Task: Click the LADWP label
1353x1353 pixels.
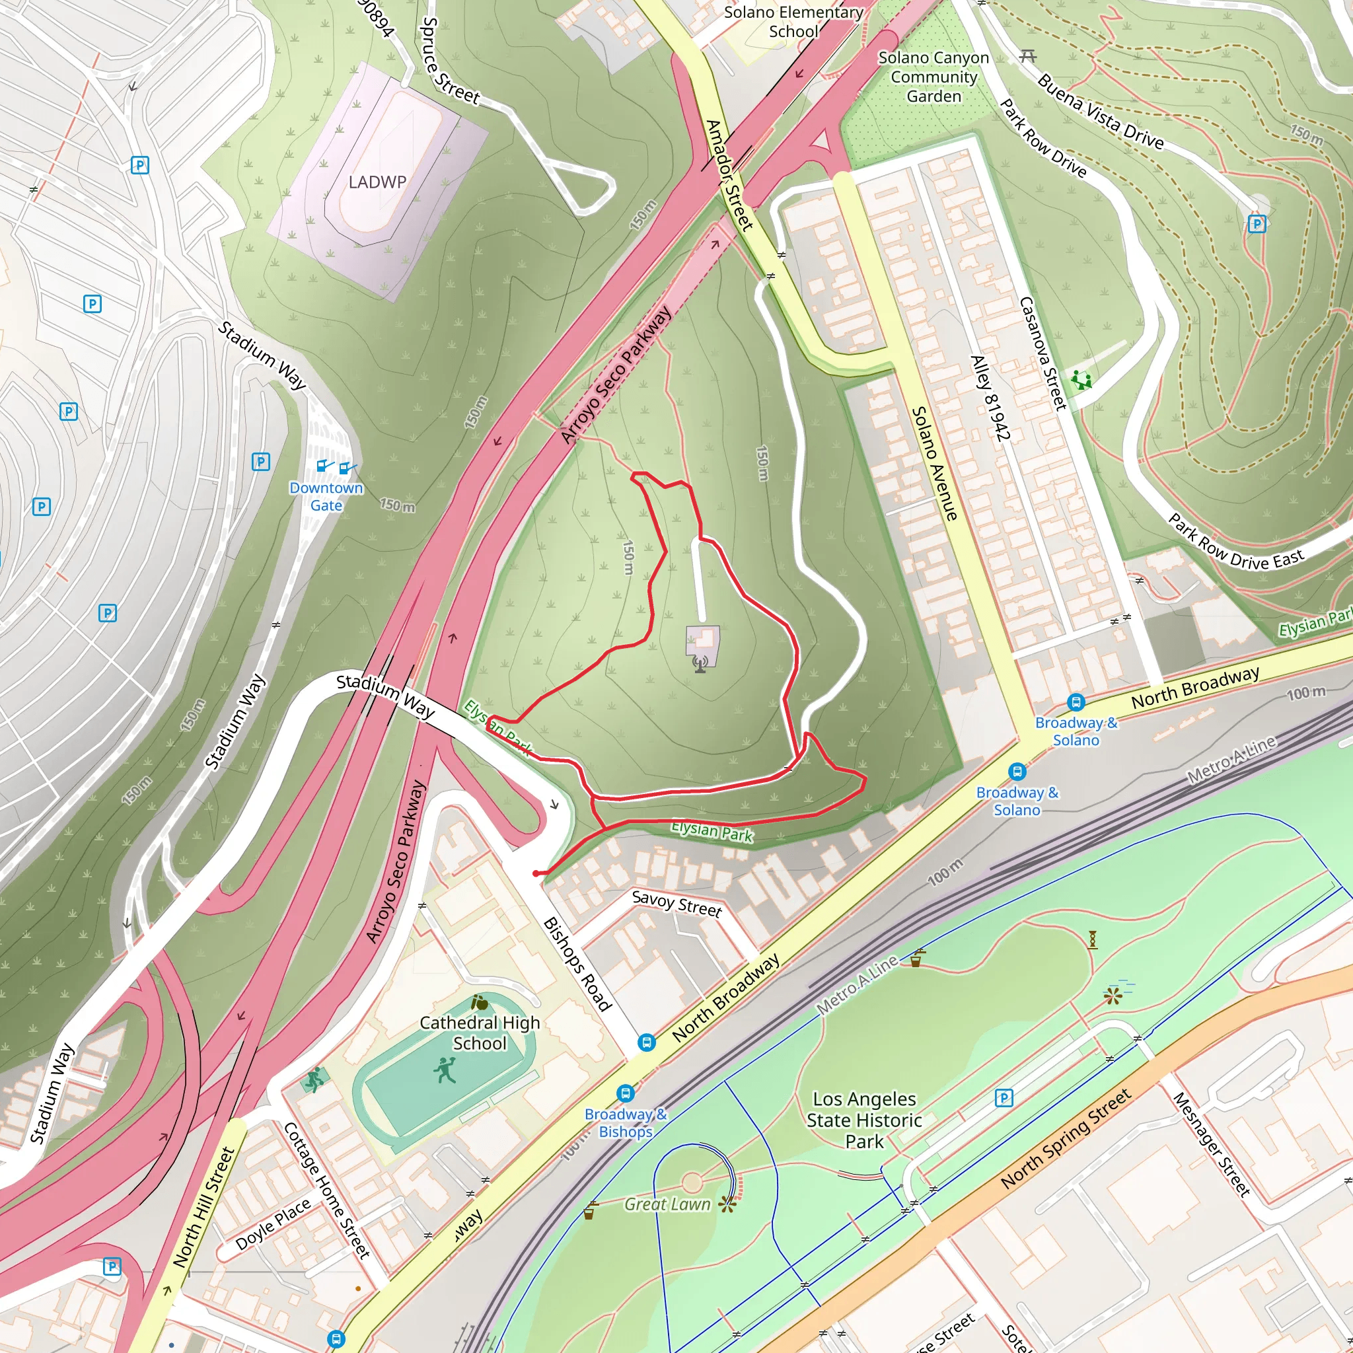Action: pyautogui.click(x=377, y=182)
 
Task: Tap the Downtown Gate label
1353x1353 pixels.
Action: pyautogui.click(x=326, y=497)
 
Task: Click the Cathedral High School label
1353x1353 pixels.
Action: pyautogui.click(x=480, y=1033)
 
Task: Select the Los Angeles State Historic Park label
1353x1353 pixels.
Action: pyautogui.click(x=864, y=1120)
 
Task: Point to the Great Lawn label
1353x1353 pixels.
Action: pyautogui.click(x=667, y=1204)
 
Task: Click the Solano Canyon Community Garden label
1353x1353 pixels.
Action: pyautogui.click(x=933, y=77)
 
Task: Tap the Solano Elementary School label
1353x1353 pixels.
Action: pyautogui.click(x=793, y=22)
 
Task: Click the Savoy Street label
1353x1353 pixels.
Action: pyautogui.click(x=676, y=903)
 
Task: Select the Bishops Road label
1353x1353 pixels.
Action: pyautogui.click(x=578, y=964)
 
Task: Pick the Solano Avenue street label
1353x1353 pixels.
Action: pyautogui.click(x=934, y=464)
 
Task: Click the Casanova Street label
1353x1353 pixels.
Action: pyautogui.click(x=1042, y=353)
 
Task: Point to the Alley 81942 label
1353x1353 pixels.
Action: pyautogui.click(x=990, y=398)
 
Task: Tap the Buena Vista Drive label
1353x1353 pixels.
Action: pyautogui.click(x=1100, y=112)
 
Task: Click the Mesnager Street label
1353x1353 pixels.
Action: pyautogui.click(x=1211, y=1144)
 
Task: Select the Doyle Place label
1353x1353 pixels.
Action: pyautogui.click(x=273, y=1224)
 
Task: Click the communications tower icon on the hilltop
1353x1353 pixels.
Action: pyautogui.click(x=700, y=663)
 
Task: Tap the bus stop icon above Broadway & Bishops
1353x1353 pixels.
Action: pyautogui.click(x=626, y=1093)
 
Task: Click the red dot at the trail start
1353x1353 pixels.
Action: pyautogui.click(x=536, y=873)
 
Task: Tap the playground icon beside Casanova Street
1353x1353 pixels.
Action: pyautogui.click(x=1081, y=381)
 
